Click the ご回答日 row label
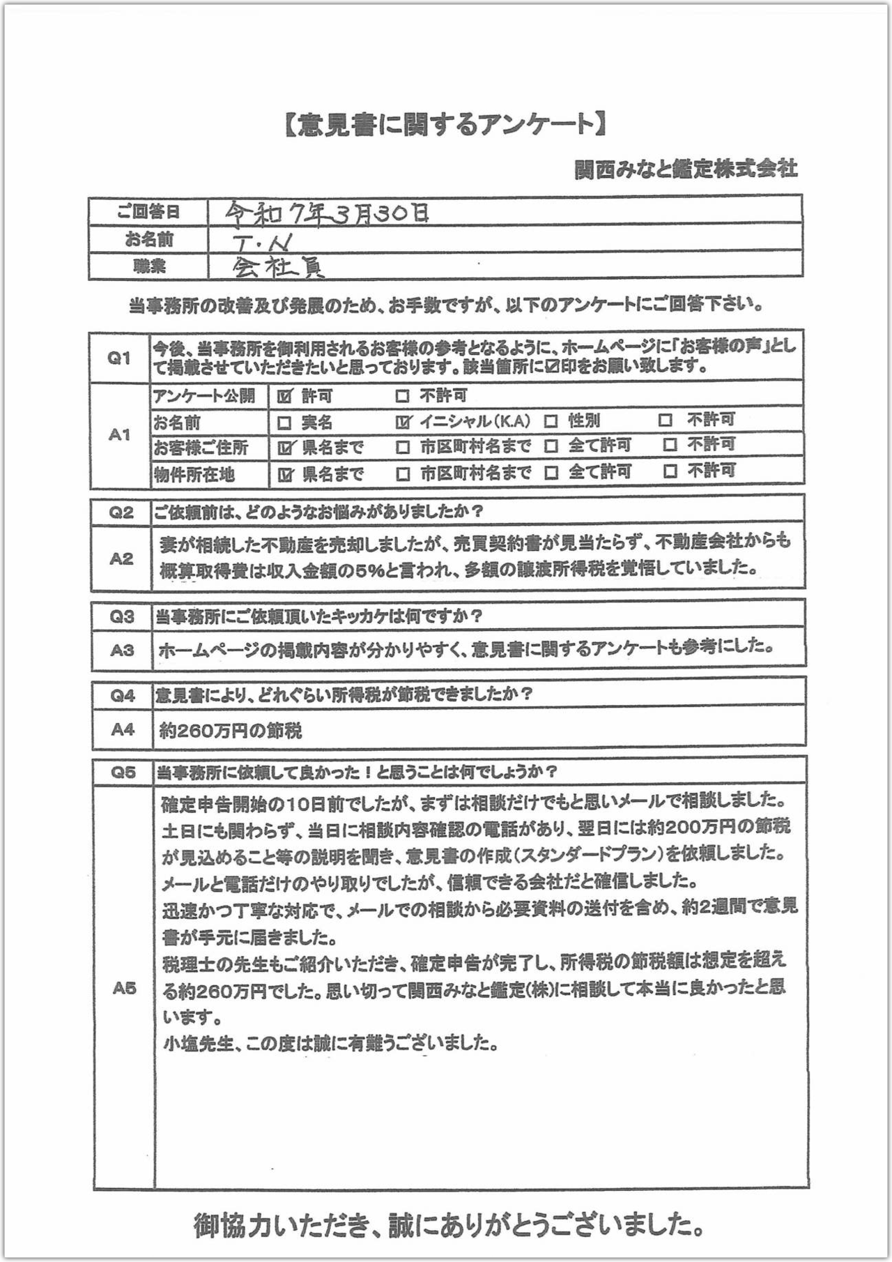[x=148, y=213]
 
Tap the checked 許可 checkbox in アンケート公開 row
[x=284, y=396]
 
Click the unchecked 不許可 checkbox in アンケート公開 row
[x=402, y=396]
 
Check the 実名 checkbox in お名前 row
[x=284, y=423]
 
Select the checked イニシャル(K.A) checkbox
[x=403, y=421]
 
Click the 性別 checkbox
[x=551, y=421]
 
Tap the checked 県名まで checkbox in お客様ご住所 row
[x=284, y=448]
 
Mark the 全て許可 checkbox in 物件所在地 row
[x=551, y=473]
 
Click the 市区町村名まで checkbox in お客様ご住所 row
[x=402, y=447]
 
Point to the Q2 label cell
[x=121, y=513]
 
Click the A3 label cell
[x=121, y=650]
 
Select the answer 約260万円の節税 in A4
[x=231, y=731]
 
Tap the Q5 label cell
[x=123, y=772]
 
